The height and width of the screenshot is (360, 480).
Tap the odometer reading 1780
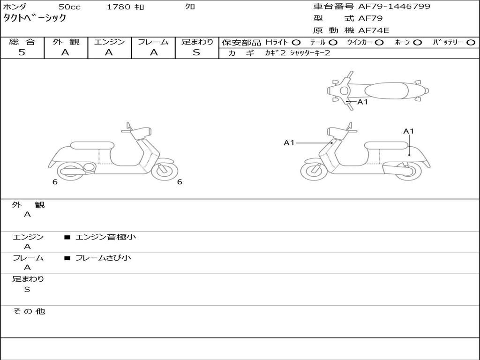coord(119,7)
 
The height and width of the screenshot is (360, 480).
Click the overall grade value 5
coord(22,52)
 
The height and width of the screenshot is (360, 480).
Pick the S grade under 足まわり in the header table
coord(196,52)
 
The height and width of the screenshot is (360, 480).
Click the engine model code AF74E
coord(374,31)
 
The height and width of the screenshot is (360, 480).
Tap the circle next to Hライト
coord(296,42)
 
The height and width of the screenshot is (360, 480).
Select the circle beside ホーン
coord(417,42)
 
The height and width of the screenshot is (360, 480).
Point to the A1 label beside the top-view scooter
coord(363,102)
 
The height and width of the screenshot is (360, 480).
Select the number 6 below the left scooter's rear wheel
coord(55,182)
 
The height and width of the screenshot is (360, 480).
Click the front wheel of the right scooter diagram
coord(314,170)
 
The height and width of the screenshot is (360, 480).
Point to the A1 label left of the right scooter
coord(289,142)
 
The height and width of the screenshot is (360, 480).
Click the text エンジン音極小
coord(105,237)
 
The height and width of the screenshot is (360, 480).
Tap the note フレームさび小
coord(103,258)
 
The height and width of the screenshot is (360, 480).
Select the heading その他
coord(29,311)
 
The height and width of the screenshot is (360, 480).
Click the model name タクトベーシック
coord(35,19)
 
